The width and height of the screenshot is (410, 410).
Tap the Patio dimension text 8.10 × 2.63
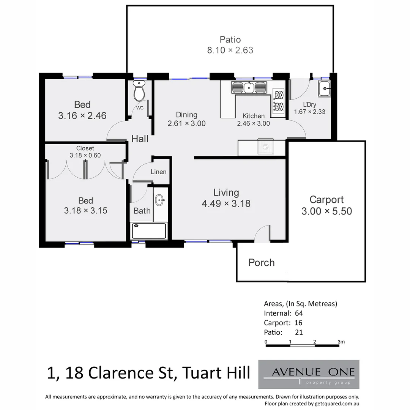point(230,50)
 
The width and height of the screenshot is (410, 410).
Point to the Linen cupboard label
point(158,172)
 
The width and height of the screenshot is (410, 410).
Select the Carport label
point(326,200)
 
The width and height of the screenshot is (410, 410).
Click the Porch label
point(261,263)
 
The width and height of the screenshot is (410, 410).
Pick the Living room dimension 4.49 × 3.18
point(226,204)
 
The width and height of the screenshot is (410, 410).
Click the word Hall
point(140,139)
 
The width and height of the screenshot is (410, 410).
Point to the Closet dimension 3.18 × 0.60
point(85,155)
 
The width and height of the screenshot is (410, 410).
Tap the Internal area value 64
point(298,313)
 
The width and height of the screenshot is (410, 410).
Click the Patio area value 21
point(299,332)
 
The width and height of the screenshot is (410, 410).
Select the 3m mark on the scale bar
point(341,342)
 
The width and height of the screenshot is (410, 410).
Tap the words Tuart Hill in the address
point(216,373)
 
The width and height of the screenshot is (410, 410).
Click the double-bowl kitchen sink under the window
point(249,88)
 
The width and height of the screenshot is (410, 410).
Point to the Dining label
point(186,115)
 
